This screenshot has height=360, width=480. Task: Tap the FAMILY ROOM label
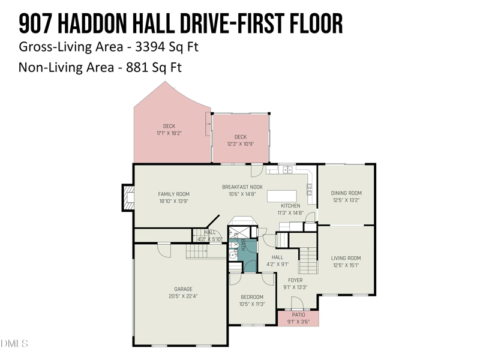tap(173, 194)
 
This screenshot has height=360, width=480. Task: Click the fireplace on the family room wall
tap(128, 197)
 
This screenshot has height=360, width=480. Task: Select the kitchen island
tap(282, 196)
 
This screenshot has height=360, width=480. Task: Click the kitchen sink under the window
tap(287, 170)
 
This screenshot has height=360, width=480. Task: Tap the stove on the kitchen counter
tap(310, 190)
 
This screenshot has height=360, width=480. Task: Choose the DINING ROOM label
tap(346, 193)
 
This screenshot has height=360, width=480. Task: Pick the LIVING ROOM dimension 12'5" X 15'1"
tap(346, 265)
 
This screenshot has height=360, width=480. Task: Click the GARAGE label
tap(183, 289)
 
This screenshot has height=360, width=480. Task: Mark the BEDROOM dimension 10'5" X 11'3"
tap(252, 304)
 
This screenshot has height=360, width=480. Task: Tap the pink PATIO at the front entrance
tap(298, 318)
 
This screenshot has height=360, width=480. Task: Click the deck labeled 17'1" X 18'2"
tap(169, 129)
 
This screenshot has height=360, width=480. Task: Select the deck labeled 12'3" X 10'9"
tap(240, 140)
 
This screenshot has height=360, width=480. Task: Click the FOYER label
tap(295, 280)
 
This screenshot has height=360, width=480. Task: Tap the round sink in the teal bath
tap(232, 254)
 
